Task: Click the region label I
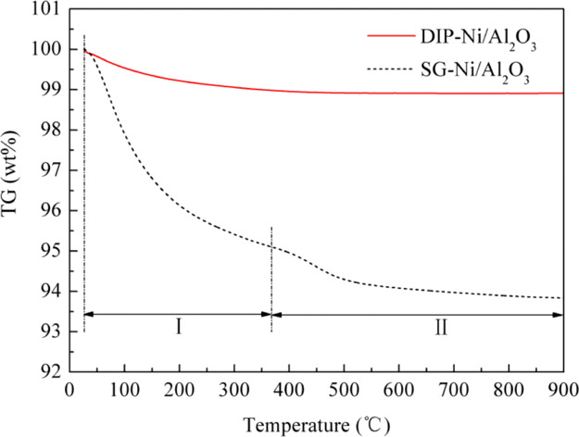(175, 328)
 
